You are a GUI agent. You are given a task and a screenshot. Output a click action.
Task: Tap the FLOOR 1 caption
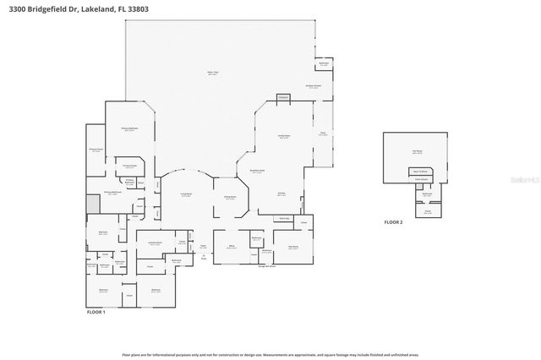[x=96, y=312]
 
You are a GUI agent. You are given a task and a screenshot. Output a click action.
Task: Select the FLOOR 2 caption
[x=394, y=222]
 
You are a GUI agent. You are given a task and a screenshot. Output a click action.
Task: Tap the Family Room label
[x=285, y=135]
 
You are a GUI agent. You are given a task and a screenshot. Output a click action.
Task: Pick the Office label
[x=231, y=247]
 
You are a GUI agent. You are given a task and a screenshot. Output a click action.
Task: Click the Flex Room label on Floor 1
[x=292, y=247]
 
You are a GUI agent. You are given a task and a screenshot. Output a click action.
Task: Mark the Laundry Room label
[x=155, y=243]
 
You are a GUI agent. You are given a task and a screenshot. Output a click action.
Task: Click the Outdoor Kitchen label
[x=312, y=85]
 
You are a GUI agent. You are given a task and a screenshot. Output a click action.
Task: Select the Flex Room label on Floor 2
[x=418, y=151]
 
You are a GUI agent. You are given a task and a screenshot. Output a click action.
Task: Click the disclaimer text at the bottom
[x=270, y=355]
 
